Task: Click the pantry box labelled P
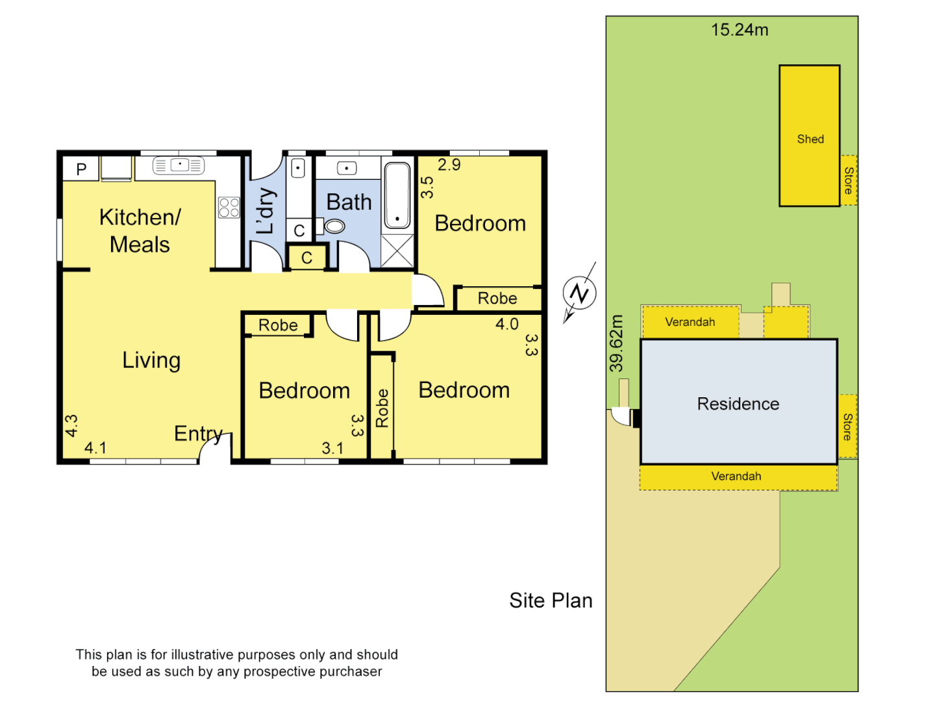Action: (x=81, y=169)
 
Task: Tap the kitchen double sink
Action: (x=179, y=166)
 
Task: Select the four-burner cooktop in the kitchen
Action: (x=229, y=208)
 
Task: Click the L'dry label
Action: (x=266, y=211)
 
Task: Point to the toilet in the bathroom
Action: (x=334, y=226)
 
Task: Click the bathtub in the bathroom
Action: (x=397, y=194)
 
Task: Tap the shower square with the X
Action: (x=397, y=251)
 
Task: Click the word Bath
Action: (x=349, y=203)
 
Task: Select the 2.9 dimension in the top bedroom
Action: (x=449, y=165)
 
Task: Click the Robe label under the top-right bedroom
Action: (x=497, y=299)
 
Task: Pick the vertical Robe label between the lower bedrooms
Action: (x=382, y=408)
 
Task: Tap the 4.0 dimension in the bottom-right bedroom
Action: (x=506, y=324)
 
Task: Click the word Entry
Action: (x=198, y=433)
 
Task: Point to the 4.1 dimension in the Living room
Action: (x=95, y=448)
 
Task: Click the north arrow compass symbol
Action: (x=579, y=293)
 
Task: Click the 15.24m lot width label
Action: (x=740, y=30)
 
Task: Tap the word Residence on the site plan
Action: (x=738, y=404)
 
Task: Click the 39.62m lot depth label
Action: (x=616, y=343)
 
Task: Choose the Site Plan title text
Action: (x=551, y=600)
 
